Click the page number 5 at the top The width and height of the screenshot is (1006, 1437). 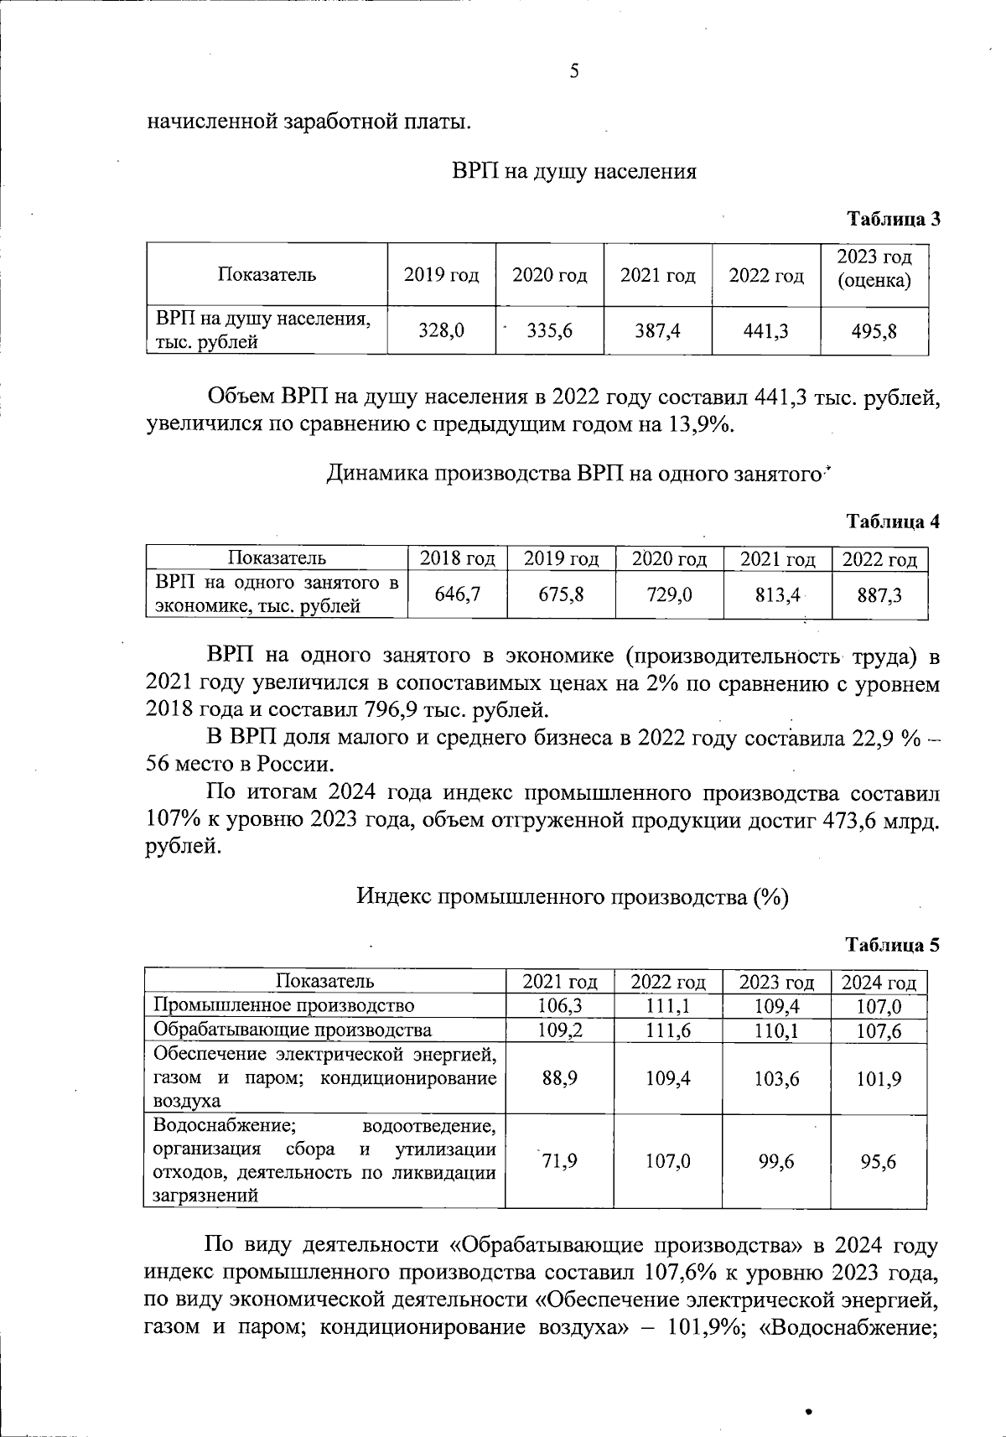[x=574, y=71]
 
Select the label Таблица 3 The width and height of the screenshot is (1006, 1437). [x=893, y=220]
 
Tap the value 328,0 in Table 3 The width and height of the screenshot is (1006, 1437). [x=441, y=331]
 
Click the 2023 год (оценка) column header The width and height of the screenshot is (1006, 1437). [x=874, y=269]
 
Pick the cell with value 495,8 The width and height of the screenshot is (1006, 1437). [x=874, y=331]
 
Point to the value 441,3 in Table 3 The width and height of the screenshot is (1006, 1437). [x=765, y=331]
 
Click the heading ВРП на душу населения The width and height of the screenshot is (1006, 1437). [x=574, y=172]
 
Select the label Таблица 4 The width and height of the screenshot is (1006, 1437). [x=893, y=521]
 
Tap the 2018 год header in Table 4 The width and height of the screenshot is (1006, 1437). [x=457, y=559]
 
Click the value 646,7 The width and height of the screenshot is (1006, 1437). [x=457, y=595]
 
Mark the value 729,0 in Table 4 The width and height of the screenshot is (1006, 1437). [x=669, y=595]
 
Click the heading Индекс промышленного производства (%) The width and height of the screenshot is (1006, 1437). [x=573, y=897]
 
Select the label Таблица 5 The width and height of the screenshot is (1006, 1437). [x=893, y=945]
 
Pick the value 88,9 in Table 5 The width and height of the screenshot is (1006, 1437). [x=559, y=1078]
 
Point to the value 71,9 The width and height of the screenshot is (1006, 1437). [x=559, y=1161]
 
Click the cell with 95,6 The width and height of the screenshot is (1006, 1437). [x=878, y=1161]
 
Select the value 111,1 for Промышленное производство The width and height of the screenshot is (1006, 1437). [x=668, y=1006]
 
